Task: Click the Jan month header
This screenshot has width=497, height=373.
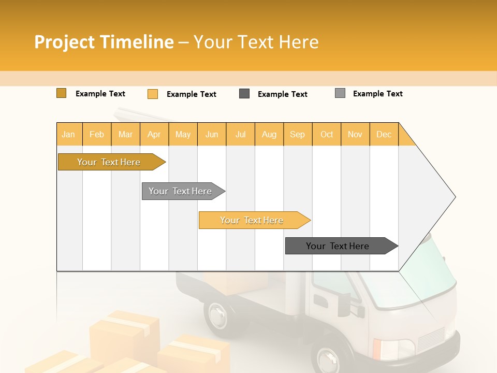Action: coord(68,135)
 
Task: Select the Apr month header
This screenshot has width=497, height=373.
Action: coord(154,135)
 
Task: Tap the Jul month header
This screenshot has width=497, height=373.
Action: coord(240,135)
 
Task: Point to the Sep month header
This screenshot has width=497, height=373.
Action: coord(297,135)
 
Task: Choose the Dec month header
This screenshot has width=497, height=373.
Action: coord(384,135)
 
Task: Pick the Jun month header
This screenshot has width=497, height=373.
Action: coord(212,135)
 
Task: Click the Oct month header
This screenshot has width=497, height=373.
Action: coord(327,135)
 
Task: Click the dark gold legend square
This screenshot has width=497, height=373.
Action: coord(61,93)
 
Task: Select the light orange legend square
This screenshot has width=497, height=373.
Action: coord(153,94)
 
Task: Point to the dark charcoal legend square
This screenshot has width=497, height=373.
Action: coord(244,94)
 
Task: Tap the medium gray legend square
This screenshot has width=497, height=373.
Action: coord(340,93)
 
